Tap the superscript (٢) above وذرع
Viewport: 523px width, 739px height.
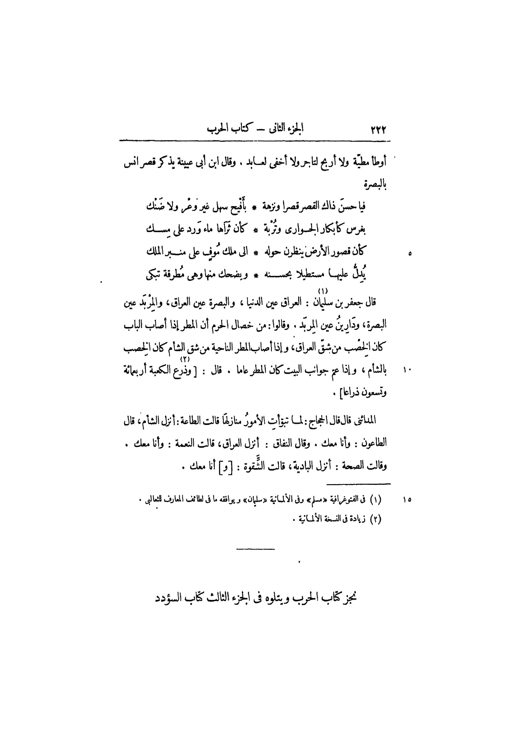pyautogui.click(x=185, y=359)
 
